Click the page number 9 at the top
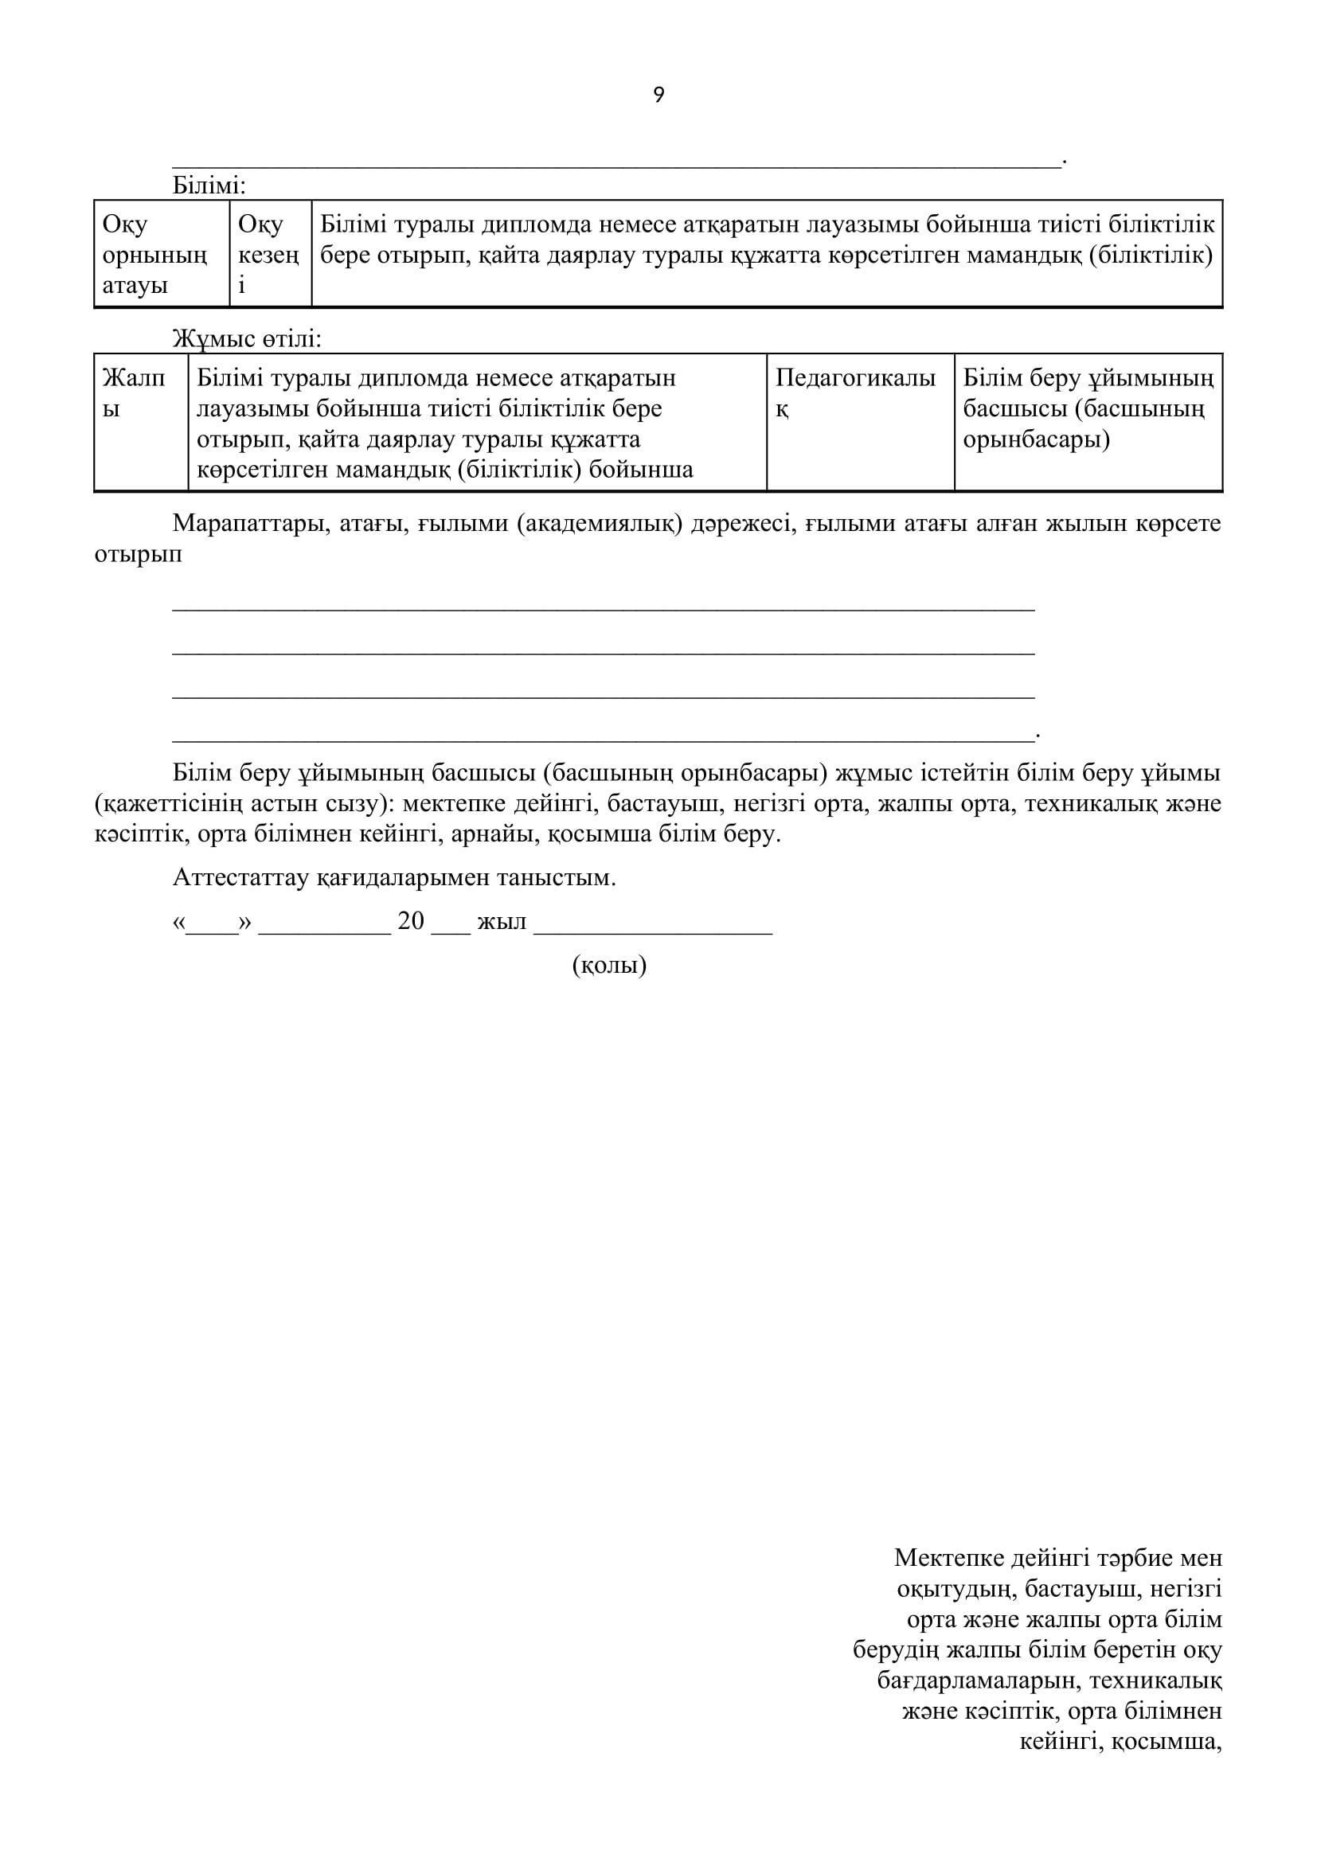coord(658,96)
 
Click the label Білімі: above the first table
coord(209,185)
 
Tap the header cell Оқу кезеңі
coord(269,255)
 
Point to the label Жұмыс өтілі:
coord(247,339)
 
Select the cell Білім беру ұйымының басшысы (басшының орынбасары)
coord(1088,408)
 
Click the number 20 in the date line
coord(411,921)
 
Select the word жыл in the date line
coord(502,922)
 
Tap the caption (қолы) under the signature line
coord(609,965)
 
